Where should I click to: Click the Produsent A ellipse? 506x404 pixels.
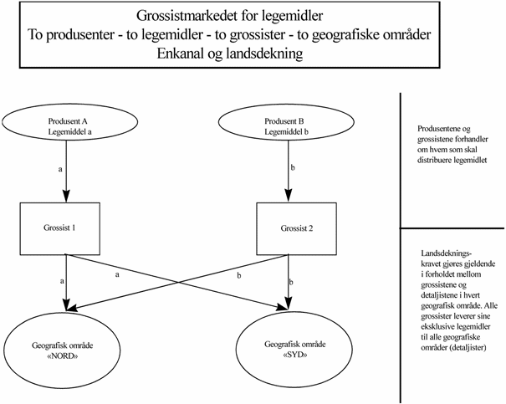pos(64,125)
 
